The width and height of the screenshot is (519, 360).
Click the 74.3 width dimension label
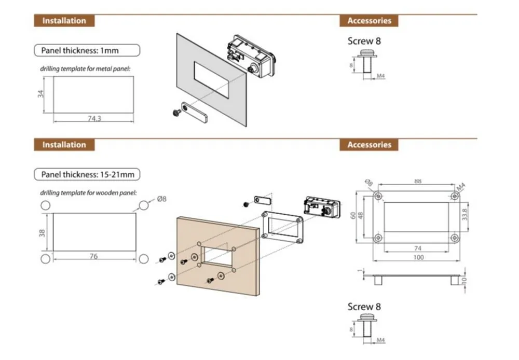coord(94,119)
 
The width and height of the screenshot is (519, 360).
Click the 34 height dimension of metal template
coord(42,93)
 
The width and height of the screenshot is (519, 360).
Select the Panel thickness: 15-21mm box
coord(87,174)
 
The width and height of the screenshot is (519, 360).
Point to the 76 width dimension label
coord(93,256)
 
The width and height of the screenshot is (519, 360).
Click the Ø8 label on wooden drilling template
coord(161,199)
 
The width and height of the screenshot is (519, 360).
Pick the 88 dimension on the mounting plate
coord(417,182)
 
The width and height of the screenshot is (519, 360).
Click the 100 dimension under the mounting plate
coord(418,257)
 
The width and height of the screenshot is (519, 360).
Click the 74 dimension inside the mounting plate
coord(418,248)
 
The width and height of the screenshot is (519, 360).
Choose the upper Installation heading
coord(64,21)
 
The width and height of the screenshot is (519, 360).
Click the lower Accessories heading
coord(369,145)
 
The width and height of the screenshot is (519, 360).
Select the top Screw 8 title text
coord(364,40)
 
